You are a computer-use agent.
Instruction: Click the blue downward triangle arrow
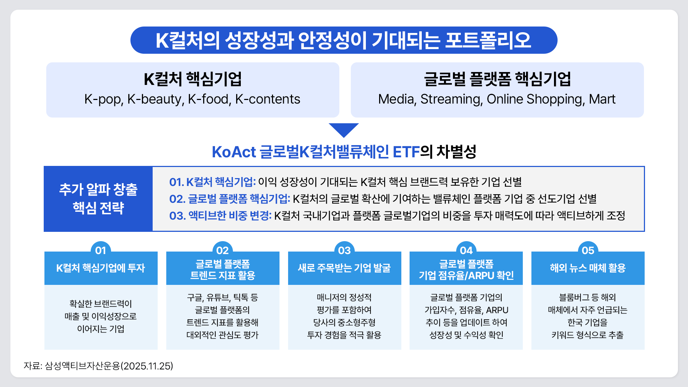(x=344, y=129)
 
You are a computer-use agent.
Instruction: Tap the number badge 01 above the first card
(x=101, y=250)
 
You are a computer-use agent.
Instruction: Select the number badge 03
(x=344, y=250)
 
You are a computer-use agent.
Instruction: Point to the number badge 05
(x=588, y=250)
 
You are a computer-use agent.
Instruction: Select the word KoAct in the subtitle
(x=234, y=152)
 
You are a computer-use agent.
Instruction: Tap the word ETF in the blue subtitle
(x=406, y=152)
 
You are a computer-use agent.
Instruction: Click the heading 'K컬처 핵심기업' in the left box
(x=192, y=79)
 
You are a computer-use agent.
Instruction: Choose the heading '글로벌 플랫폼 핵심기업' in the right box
(x=497, y=79)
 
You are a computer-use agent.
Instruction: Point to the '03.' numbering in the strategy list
(x=177, y=216)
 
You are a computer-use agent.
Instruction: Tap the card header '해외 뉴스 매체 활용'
(x=588, y=268)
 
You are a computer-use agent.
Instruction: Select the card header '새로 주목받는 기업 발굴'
(x=344, y=268)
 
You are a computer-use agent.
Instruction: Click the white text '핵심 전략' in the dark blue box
(x=98, y=208)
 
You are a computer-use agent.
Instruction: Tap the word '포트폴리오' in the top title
(x=488, y=40)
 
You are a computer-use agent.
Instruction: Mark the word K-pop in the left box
(x=104, y=99)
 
